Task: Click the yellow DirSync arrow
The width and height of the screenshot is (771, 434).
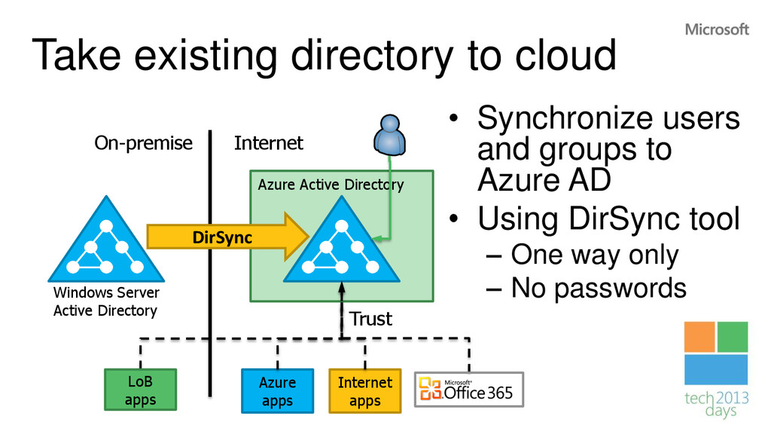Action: pyautogui.click(x=227, y=237)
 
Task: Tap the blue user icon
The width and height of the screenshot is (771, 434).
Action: pyautogui.click(x=389, y=136)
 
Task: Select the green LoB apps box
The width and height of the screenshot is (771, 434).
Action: pyautogui.click(x=141, y=390)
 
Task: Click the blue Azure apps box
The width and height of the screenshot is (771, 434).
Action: pyautogui.click(x=277, y=391)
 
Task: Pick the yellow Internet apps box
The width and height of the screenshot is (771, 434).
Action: pyautogui.click(x=365, y=391)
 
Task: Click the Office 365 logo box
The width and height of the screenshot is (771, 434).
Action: pyautogui.click(x=469, y=390)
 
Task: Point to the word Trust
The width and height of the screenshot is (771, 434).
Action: pyautogui.click(x=370, y=319)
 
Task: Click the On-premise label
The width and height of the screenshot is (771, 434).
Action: pyautogui.click(x=144, y=143)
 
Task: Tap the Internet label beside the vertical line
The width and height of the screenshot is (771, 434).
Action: pyautogui.click(x=269, y=143)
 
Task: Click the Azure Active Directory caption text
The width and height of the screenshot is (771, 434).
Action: pyautogui.click(x=331, y=185)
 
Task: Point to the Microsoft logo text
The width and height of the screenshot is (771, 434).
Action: pyautogui.click(x=717, y=29)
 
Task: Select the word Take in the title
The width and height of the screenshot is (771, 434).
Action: pyautogui.click(x=76, y=55)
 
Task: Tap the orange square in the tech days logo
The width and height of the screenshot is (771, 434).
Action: pyautogui.click(x=699, y=337)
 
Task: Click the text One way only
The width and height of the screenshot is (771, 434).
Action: pyautogui.click(x=595, y=255)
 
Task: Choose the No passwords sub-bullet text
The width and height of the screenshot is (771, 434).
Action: pyautogui.click(x=599, y=288)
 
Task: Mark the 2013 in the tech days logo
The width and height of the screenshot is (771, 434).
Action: pyautogui.click(x=732, y=398)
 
